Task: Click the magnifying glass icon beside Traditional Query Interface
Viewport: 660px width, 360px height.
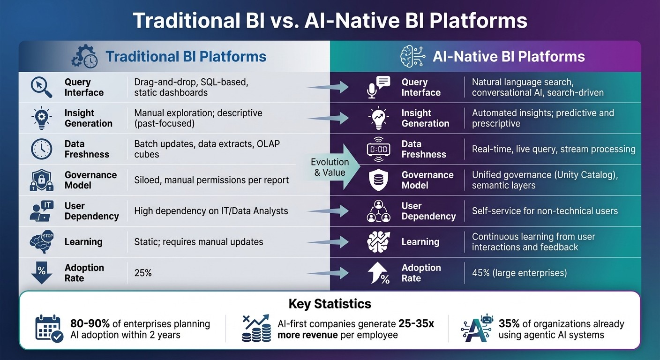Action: click(41, 87)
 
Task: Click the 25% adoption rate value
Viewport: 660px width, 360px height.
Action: click(143, 273)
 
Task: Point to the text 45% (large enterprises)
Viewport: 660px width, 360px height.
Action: click(519, 273)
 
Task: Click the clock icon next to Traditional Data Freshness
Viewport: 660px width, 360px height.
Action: click(41, 149)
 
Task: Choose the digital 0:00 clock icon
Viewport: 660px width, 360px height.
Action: click(378, 149)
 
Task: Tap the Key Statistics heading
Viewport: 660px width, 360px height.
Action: click(330, 304)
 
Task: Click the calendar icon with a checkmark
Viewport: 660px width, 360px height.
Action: click(49, 329)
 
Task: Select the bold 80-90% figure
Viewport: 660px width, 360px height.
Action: click(90, 324)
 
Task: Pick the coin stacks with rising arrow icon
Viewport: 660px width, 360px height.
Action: click(256, 328)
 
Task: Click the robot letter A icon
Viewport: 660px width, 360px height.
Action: click(476, 328)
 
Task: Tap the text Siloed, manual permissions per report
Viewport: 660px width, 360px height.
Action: click(211, 180)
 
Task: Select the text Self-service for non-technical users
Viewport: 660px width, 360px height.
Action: click(545, 211)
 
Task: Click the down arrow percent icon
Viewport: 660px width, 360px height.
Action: click(41, 273)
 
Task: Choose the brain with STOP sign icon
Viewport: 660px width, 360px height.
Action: click(41, 242)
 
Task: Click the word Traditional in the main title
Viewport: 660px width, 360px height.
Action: click(182, 21)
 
